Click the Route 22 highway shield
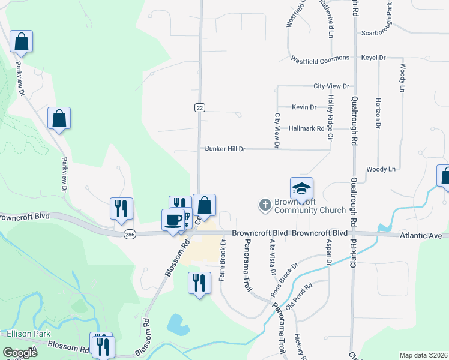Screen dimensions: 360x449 click(200, 107)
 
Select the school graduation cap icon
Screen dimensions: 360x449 click(301, 188)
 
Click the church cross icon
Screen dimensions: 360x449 click(264, 206)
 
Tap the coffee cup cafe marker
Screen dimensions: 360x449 click(173, 220)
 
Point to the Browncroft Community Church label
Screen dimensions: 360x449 click(310, 206)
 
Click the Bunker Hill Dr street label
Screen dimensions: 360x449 click(225, 148)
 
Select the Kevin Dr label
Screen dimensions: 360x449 click(304, 107)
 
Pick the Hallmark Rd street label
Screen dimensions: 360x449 click(306, 128)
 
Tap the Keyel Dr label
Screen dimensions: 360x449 click(373, 58)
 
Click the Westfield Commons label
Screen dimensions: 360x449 click(320, 58)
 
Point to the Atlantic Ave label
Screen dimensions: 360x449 click(423, 236)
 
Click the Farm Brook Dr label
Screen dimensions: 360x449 click(222, 260)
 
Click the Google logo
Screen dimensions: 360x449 click(20, 353)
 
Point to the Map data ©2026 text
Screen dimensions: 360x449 click(423, 355)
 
